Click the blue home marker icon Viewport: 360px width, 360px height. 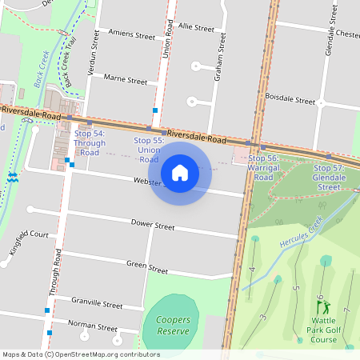point(180,172)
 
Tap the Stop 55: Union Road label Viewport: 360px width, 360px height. point(149,150)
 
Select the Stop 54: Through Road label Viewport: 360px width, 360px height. point(89,142)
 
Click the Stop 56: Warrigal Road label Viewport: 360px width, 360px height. point(263,167)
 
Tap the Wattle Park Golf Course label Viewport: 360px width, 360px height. point(323,330)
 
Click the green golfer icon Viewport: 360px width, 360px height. point(322,306)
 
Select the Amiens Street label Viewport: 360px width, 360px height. point(131,36)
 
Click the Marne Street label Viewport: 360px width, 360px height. point(126,81)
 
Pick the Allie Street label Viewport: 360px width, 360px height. point(197,28)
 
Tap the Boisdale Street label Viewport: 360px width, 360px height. point(289,101)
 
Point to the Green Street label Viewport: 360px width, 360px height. point(146,265)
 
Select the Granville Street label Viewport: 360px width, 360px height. point(97,304)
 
